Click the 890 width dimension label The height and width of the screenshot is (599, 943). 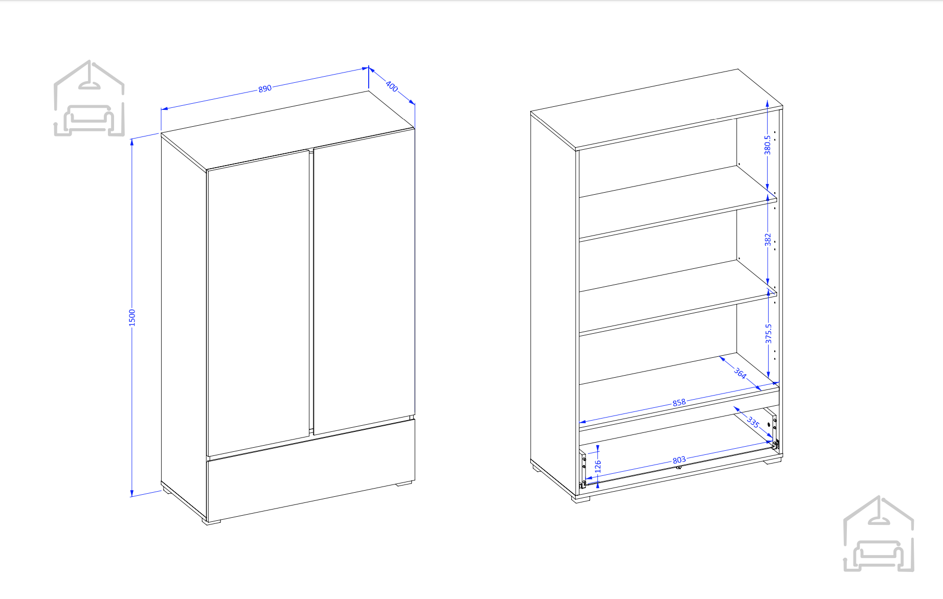pos(265,88)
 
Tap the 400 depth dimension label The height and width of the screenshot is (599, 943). pos(392,86)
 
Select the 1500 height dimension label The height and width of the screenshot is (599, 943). pos(132,317)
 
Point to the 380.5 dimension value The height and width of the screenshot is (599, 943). pos(767,145)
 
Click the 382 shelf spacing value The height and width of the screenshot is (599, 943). pos(768,240)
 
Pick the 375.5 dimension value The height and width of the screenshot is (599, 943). pos(768,333)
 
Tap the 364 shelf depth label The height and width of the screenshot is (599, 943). pos(740,373)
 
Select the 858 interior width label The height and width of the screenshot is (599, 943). pos(679,403)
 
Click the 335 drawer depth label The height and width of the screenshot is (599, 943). pos(753,422)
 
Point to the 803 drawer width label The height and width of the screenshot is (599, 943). pos(679,460)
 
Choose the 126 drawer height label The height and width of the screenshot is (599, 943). pos(598,466)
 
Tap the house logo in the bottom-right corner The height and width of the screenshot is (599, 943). pos(878,534)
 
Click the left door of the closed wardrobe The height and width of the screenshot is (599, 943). pos(258,303)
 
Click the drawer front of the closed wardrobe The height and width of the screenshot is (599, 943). pos(311,470)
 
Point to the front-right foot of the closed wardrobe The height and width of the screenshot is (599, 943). pos(405,482)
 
